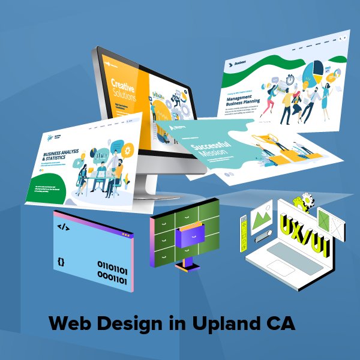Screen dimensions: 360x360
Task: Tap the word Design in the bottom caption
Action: click(x=126, y=324)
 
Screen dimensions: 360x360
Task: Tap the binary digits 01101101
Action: click(x=112, y=265)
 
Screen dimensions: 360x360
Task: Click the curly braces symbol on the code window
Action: click(x=61, y=262)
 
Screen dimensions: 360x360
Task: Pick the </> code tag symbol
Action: click(x=62, y=227)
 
